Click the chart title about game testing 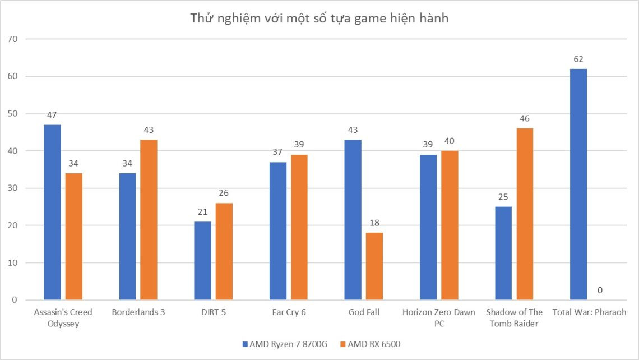coord(319,19)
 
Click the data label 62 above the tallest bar coord(578,59)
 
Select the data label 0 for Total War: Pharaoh coord(600,290)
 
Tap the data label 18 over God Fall coord(374,223)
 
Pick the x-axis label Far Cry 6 coord(288,312)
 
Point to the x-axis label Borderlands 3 coord(138,312)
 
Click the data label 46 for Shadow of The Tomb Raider coord(525,118)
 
